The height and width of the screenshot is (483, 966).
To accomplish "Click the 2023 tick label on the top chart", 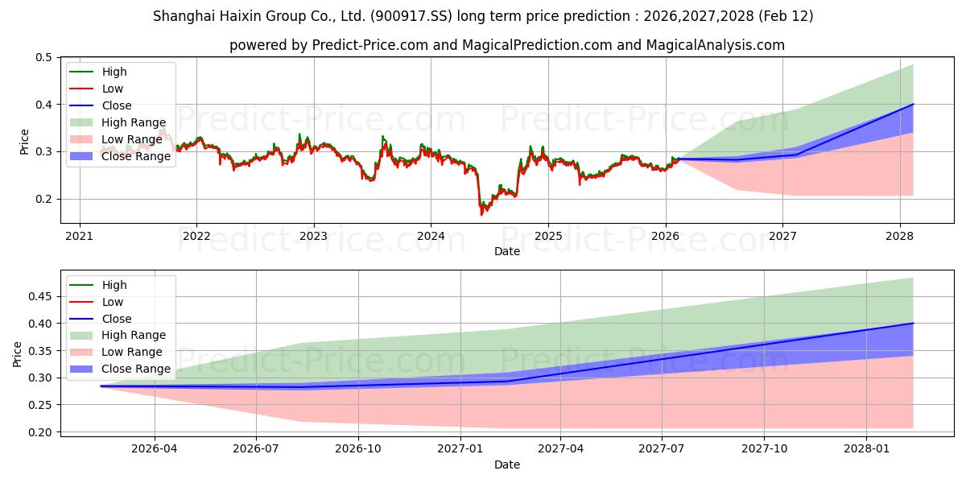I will point(313,236).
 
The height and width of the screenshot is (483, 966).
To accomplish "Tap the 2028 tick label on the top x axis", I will point(899,236).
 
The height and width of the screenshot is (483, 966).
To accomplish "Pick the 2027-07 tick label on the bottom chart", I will point(661,448).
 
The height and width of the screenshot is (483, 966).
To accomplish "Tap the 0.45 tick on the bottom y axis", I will point(39,297).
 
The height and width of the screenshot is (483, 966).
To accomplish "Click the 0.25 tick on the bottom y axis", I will point(39,405).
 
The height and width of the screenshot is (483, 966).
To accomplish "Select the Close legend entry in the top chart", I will point(117,105).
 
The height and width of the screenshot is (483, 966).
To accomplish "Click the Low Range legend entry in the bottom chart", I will point(131,352).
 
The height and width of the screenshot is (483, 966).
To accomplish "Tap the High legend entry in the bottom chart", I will point(114,285).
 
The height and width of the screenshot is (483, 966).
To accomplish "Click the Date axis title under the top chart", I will point(507,251).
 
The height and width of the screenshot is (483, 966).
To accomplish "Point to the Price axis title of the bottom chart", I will point(18,354).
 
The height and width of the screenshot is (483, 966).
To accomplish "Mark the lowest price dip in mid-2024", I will point(481,213).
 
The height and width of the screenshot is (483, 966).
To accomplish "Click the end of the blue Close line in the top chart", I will point(913,104).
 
